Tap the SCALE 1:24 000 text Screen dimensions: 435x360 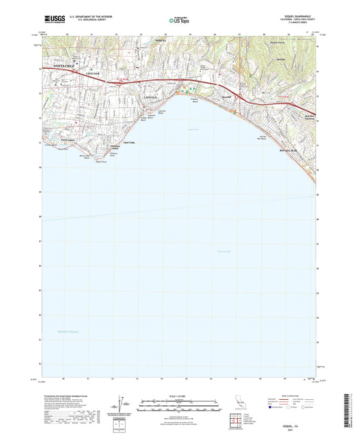coord(179,395)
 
